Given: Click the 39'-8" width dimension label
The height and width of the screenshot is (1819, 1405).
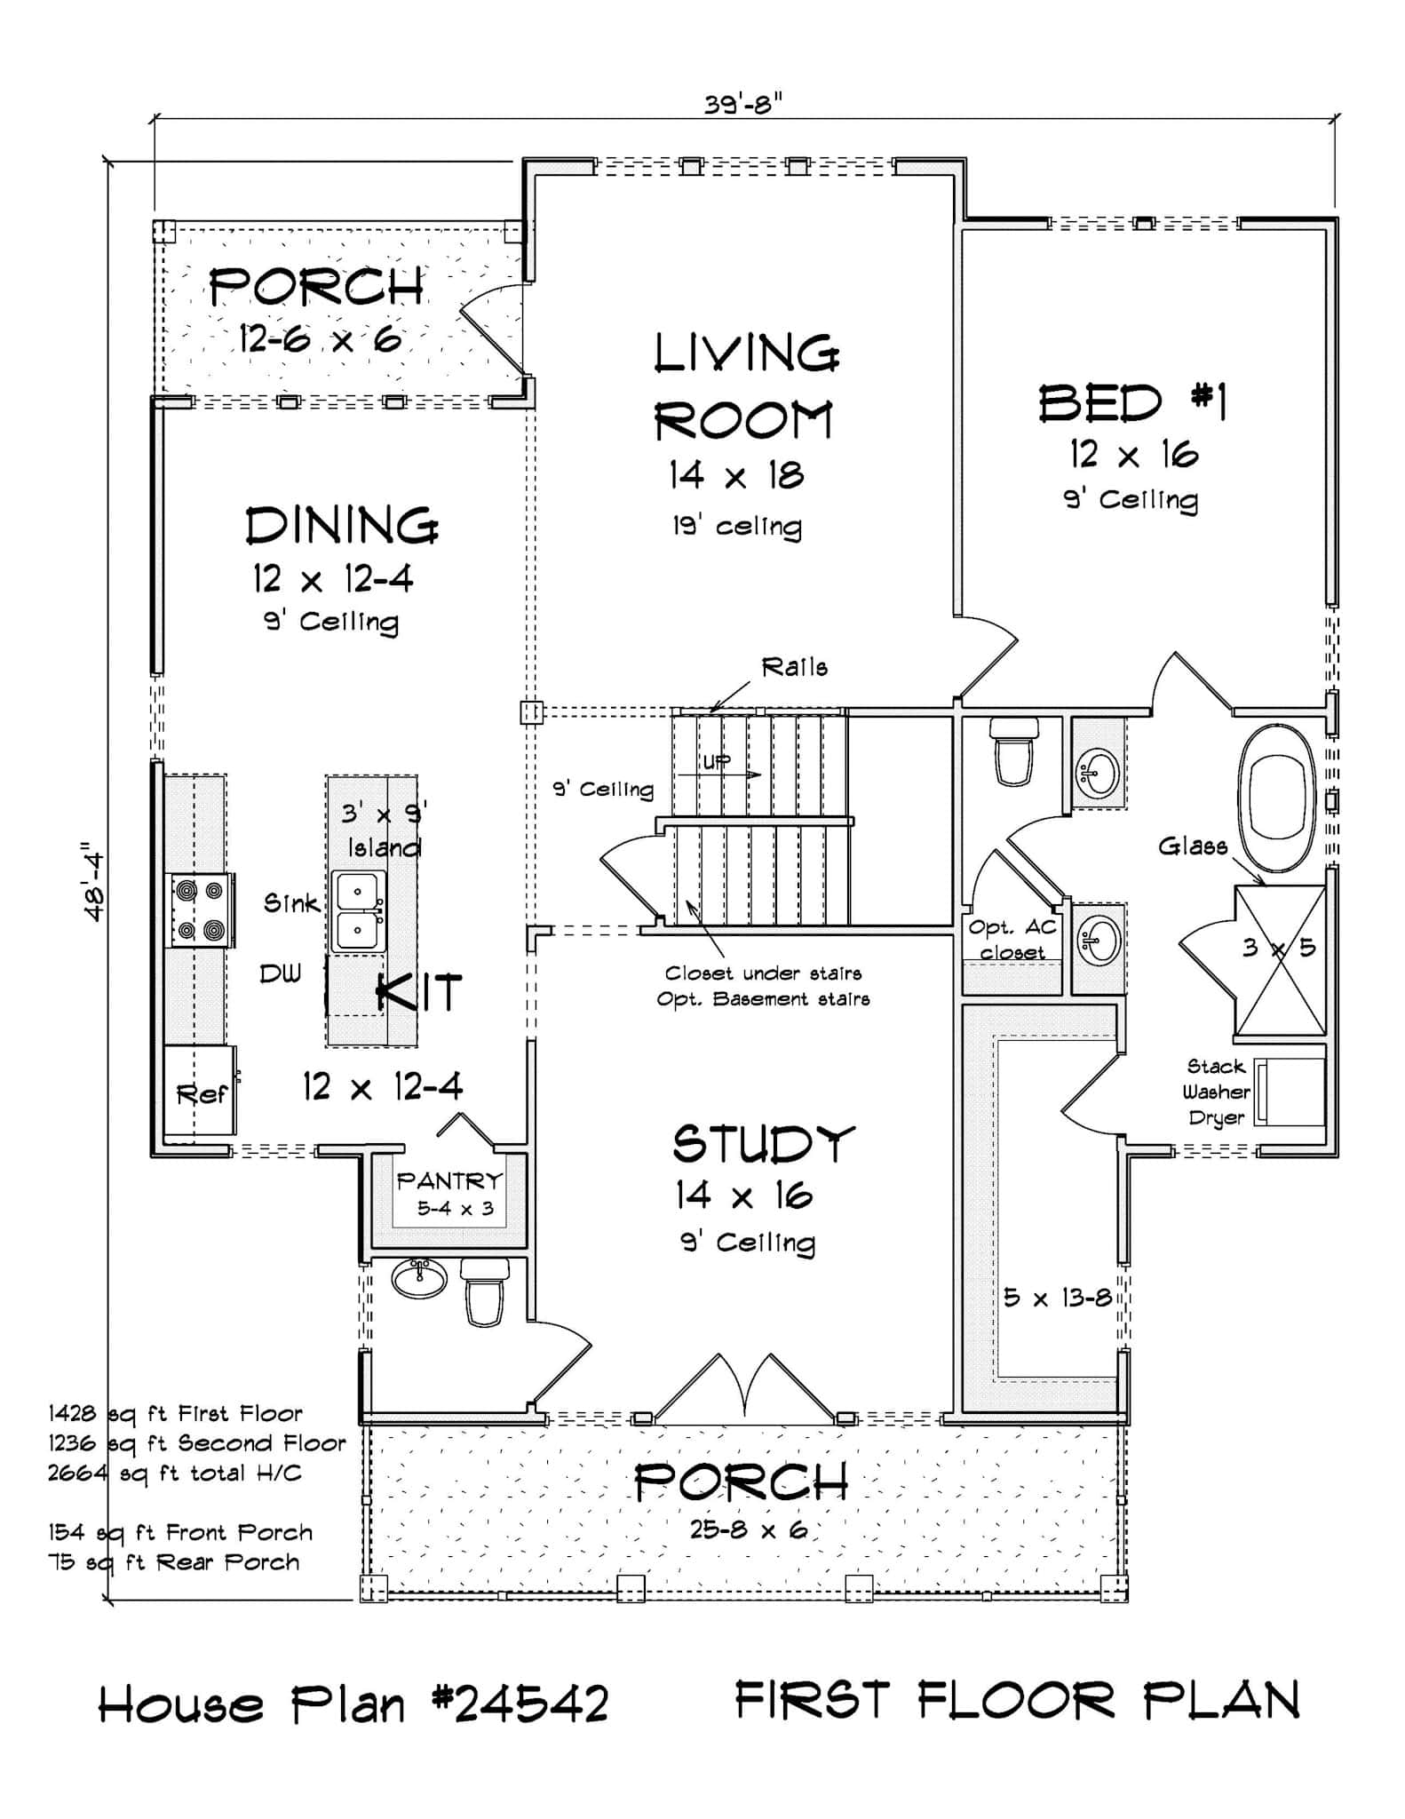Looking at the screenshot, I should (743, 105).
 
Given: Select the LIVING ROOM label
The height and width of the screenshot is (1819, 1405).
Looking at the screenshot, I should (744, 386).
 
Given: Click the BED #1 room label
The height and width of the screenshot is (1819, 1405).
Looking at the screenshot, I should (1132, 403).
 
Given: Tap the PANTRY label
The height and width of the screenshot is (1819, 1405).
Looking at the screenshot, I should (449, 1181).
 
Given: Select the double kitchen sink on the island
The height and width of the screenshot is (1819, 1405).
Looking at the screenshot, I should (359, 911).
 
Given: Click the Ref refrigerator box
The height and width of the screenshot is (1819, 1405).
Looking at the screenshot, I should (201, 1092).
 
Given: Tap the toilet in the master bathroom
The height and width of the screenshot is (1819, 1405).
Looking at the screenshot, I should (1013, 752).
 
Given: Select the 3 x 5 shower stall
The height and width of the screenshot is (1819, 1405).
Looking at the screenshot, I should (1280, 961).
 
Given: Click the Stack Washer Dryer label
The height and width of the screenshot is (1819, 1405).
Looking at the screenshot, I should (1216, 1092).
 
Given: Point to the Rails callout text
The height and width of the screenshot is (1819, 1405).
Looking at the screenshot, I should (794, 667).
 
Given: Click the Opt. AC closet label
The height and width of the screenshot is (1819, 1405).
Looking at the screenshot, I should (1012, 939).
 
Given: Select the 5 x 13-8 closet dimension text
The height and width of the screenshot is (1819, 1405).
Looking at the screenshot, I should (1057, 1298).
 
